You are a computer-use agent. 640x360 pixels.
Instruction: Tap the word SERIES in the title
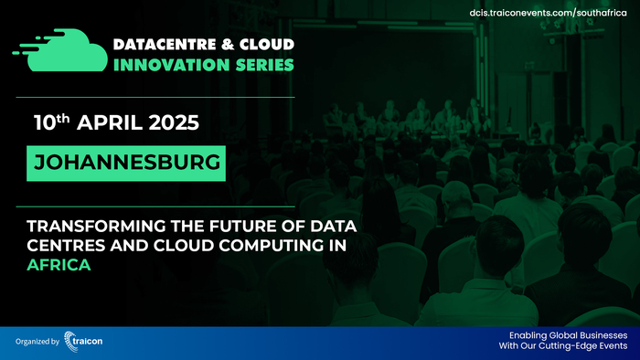(x=265, y=65)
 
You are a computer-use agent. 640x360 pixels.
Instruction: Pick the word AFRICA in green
(x=59, y=244)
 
